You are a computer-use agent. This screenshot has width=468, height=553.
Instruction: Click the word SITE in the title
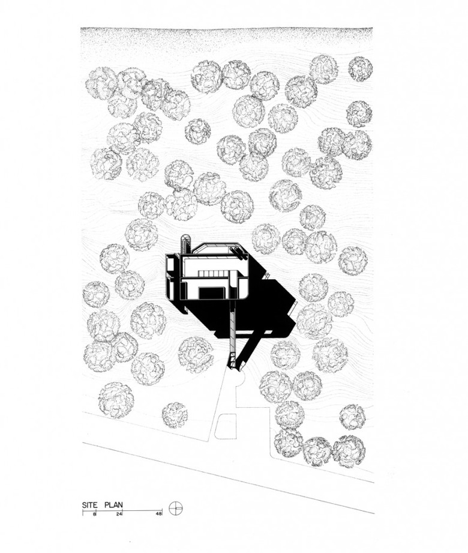point(89,505)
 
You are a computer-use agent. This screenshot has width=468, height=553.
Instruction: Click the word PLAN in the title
point(113,505)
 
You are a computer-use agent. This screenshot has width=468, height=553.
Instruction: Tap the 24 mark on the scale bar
point(119,514)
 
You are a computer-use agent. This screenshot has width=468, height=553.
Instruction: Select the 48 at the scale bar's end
point(158,514)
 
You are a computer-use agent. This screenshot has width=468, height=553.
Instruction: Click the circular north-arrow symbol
point(176,508)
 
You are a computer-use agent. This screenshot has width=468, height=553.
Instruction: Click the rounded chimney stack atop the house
point(185,244)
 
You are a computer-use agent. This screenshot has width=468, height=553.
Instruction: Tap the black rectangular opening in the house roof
point(211,293)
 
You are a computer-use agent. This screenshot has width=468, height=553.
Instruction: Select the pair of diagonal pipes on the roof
point(238,253)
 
